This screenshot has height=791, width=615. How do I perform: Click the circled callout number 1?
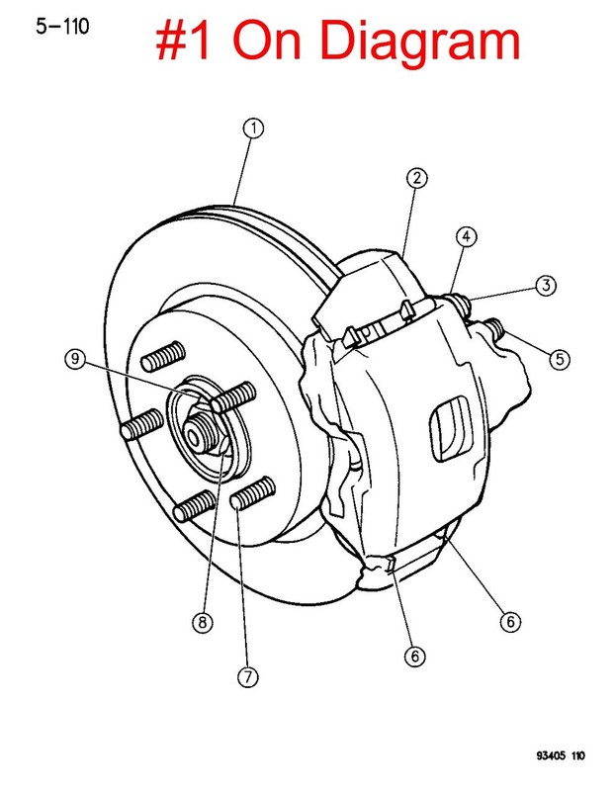coord(253,129)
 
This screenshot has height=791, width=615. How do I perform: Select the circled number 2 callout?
coord(416,178)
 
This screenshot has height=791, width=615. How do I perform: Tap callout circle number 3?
coord(546,286)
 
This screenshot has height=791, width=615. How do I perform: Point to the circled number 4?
coord(466,236)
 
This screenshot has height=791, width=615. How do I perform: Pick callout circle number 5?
coord(560,360)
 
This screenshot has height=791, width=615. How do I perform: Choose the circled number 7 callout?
coord(248,677)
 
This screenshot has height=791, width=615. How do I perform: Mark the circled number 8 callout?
coord(203,623)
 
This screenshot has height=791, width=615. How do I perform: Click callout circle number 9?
coord(75,359)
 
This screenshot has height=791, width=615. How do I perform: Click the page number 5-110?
coord(62,27)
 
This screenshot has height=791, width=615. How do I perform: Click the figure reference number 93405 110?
coord(561,755)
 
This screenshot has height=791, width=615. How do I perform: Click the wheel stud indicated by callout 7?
coord(253,493)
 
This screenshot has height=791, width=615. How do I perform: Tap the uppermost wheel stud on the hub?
coord(163,356)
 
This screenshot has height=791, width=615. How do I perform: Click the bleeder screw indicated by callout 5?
coord(496,329)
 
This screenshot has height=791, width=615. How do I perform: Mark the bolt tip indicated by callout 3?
coord(461,304)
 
